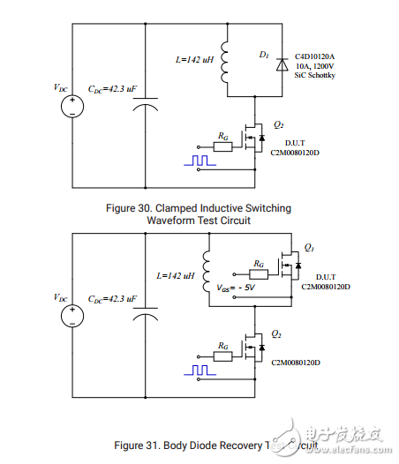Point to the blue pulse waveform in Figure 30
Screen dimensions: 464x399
tap(199, 161)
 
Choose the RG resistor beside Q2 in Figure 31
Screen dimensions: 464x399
tap(223, 355)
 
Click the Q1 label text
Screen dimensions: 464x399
tap(309, 248)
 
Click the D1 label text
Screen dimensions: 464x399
tap(263, 55)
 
